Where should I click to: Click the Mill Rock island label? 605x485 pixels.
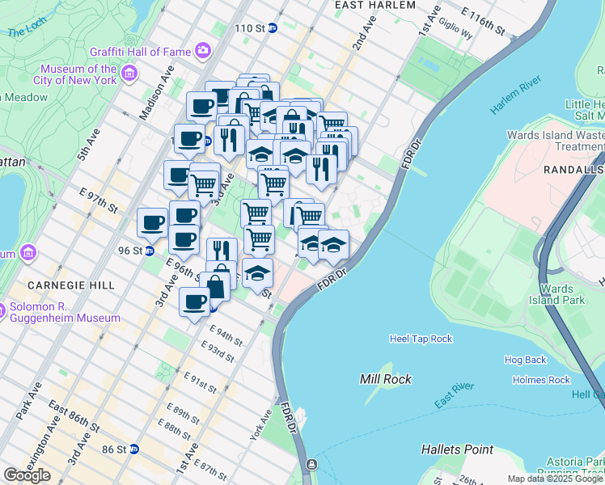(x=386, y=378)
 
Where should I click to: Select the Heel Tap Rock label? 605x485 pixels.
(x=421, y=339)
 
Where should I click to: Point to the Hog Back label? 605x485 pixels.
(x=525, y=360)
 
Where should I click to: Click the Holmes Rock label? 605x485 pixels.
(x=541, y=379)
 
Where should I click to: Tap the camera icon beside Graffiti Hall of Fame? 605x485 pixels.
(x=202, y=50)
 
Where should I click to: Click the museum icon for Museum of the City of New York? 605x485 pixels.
(x=129, y=75)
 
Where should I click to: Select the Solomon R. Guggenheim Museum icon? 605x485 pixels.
(x=2, y=310)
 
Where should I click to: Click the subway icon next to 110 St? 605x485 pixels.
(x=273, y=28)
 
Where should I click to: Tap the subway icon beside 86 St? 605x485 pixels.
(x=134, y=449)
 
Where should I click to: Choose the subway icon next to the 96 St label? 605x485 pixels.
(x=150, y=251)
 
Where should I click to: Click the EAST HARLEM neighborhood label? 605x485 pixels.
(x=375, y=5)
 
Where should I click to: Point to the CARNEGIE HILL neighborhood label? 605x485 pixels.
(x=63, y=285)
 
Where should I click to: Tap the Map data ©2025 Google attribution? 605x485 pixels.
(x=555, y=479)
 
